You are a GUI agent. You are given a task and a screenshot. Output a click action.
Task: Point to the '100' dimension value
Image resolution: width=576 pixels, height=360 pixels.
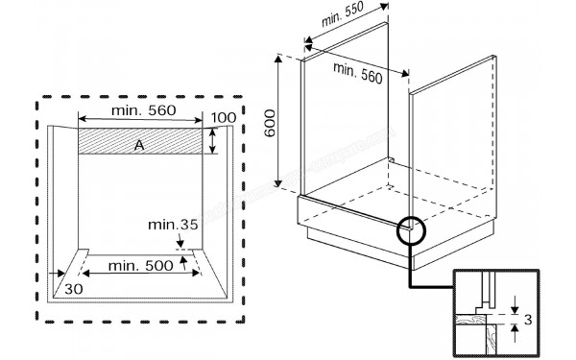pyautogui.click(x=223, y=117)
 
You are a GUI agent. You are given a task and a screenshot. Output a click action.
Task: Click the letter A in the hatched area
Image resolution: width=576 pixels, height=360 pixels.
pyautogui.click(x=139, y=144)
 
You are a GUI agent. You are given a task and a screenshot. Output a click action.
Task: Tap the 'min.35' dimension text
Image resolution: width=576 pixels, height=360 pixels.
pyautogui.click(x=173, y=225)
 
